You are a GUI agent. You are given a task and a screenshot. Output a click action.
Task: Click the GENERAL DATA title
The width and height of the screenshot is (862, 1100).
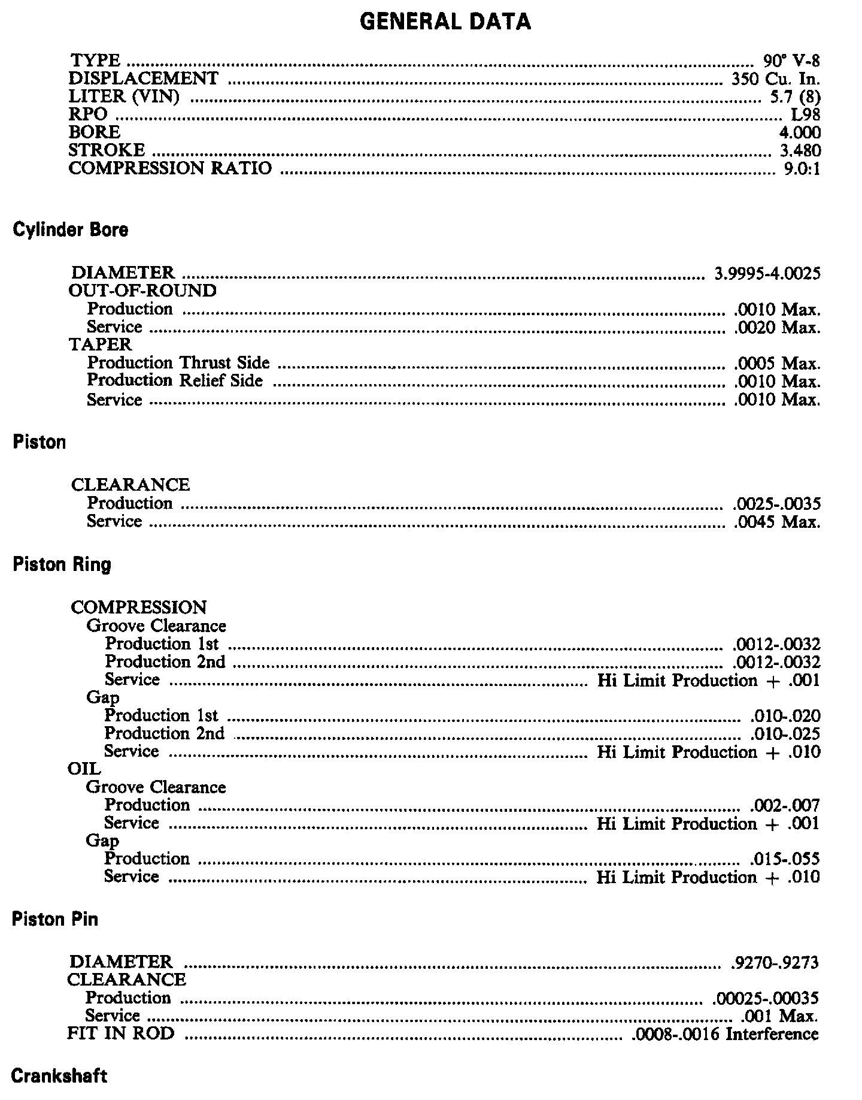coord(445,22)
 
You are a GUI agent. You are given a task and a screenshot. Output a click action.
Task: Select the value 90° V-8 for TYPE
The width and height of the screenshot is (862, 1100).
coord(791,61)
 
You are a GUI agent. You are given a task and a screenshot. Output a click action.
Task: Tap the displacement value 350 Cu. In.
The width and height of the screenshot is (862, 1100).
coord(775,79)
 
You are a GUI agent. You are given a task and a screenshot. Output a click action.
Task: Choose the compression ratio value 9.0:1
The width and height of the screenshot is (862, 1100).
coord(802,168)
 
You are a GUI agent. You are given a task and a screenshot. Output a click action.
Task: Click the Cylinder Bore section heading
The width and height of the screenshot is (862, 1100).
coord(70,230)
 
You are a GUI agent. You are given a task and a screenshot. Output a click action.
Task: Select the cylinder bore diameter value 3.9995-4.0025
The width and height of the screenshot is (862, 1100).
coord(767,274)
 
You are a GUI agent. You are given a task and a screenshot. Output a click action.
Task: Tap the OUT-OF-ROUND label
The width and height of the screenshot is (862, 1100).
coord(142,291)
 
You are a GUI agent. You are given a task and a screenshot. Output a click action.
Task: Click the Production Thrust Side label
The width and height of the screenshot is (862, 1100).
coord(178,363)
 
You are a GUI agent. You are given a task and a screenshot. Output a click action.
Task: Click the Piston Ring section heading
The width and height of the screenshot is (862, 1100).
coord(62,564)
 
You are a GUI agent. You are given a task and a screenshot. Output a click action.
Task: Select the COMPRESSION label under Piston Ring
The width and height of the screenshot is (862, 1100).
coord(138,608)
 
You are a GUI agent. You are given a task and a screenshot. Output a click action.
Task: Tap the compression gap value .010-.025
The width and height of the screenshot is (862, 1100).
coord(785,734)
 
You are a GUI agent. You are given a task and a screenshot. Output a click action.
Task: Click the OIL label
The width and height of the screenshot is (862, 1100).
coord(84,769)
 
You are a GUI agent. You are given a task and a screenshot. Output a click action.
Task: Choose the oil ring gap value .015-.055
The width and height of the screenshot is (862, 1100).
coord(784,859)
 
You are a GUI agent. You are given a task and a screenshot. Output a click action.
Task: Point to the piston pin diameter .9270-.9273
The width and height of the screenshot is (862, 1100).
coord(775,962)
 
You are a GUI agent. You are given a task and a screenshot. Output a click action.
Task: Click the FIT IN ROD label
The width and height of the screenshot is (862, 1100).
coord(121,1034)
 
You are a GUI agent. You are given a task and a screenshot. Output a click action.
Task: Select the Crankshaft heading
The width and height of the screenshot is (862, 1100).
coord(59,1076)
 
